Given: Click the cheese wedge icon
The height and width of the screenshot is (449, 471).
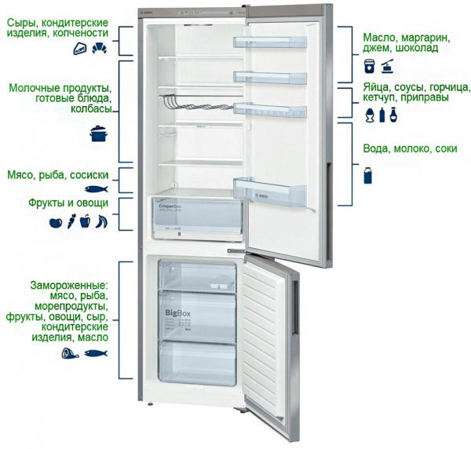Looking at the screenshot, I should pos(80,49).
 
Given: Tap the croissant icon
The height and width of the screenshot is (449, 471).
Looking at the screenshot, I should pos(100,49).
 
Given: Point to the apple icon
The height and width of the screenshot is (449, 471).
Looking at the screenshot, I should pos(55,222).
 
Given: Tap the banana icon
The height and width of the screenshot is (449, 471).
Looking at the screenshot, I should pos(101,222).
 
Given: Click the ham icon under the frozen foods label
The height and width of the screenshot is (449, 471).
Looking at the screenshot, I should pos(68,353).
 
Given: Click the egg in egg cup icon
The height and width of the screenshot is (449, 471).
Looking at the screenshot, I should pos(370,115).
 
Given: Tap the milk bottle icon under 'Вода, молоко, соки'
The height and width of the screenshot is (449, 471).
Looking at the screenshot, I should pos(367,174).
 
